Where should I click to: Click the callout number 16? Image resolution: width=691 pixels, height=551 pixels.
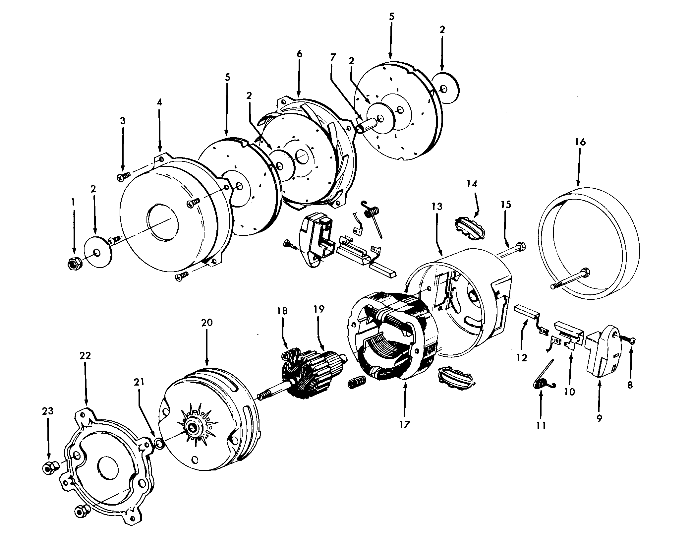point(580,142)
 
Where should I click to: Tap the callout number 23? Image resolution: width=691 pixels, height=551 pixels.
point(48,411)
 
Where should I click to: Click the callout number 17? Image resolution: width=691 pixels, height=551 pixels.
point(405,424)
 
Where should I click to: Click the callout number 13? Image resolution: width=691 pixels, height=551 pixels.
point(437,207)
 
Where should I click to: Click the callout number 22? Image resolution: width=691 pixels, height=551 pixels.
point(85,356)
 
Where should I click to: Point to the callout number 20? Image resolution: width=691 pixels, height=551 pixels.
point(207,323)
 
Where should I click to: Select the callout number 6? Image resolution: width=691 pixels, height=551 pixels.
point(299,54)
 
